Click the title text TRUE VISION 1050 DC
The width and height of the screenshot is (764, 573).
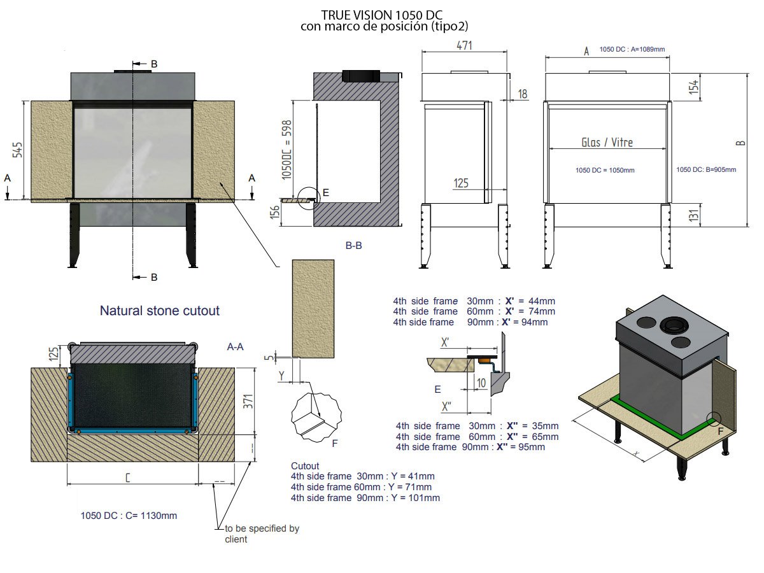pyautogui.click(x=381, y=15)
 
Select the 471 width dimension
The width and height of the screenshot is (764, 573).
pyautogui.click(x=464, y=45)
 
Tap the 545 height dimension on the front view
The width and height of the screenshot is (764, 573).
pyautogui.click(x=17, y=150)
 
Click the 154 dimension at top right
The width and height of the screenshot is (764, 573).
pyautogui.click(x=694, y=87)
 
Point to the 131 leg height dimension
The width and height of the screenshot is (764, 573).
pyautogui.click(x=694, y=215)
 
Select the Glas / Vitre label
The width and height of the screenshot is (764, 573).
pyautogui.click(x=607, y=142)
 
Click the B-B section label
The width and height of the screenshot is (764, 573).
pyautogui.click(x=353, y=246)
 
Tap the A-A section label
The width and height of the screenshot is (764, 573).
pyautogui.click(x=236, y=346)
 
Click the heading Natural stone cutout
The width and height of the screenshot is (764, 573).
pyautogui.click(x=159, y=311)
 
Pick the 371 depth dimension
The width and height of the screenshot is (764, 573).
pyautogui.click(x=248, y=402)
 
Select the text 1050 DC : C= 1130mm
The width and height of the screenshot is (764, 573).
pyautogui.click(x=129, y=516)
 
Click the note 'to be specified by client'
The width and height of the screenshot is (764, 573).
pyautogui.click(x=262, y=534)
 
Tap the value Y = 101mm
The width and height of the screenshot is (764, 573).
pyautogui.click(x=416, y=498)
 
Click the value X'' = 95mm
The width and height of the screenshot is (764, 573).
pyautogui.click(x=521, y=447)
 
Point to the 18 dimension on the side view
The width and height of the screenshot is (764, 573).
pyautogui.click(x=523, y=94)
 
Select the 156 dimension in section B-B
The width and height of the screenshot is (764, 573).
pyautogui.click(x=275, y=212)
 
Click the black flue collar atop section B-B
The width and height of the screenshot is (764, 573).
pyautogui.click(x=361, y=76)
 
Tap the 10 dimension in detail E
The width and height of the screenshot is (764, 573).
pyautogui.click(x=481, y=383)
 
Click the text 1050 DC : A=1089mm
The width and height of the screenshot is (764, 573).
pyautogui.click(x=632, y=50)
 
